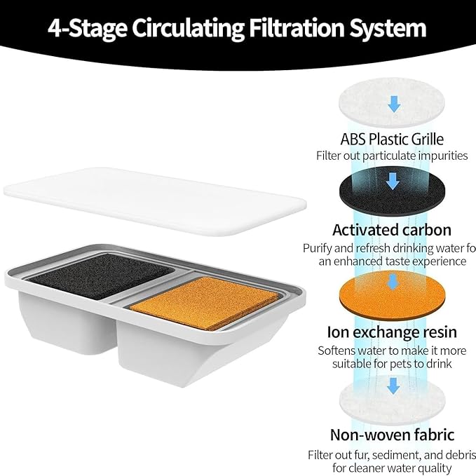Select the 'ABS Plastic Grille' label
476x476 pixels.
[x=392, y=139]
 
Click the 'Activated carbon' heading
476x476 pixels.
[x=392, y=230]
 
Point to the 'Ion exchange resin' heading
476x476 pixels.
[x=392, y=332]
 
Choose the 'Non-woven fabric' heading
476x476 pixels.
[x=392, y=435]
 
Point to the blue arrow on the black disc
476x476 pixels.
[x=393, y=182]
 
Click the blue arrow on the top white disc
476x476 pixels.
[x=394, y=104]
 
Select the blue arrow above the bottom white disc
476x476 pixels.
[x=394, y=384]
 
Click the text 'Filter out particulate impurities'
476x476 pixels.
[x=392, y=156]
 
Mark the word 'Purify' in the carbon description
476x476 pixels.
[x=319, y=247]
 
